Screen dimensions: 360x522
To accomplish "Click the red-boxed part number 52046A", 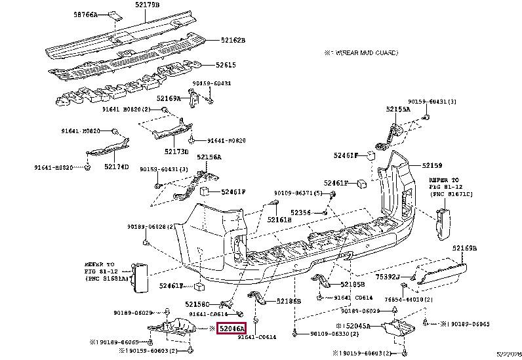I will tap(231, 329).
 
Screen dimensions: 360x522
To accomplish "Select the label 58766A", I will tap(85, 14).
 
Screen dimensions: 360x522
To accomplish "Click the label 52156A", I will tap(209, 157).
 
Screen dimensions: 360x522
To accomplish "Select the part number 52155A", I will tap(397, 109).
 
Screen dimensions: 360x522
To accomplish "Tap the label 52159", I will tap(432, 166).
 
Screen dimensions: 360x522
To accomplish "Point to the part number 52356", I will tap(300, 212).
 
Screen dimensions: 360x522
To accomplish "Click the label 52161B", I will tap(278, 220).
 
